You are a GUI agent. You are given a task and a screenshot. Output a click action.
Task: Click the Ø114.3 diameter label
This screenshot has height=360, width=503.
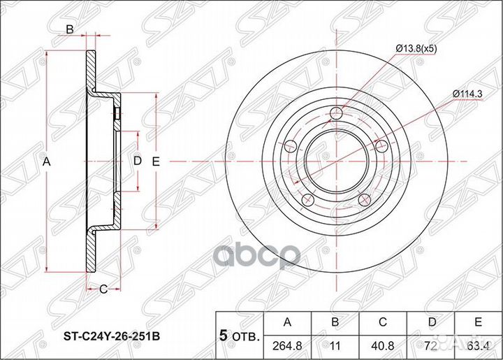(x=468, y=93)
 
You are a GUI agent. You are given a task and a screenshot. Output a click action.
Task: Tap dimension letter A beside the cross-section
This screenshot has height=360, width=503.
(x=48, y=162)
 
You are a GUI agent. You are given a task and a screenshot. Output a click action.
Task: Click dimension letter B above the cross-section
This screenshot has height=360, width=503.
(x=70, y=29)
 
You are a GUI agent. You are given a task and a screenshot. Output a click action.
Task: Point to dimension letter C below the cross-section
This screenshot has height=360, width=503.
(x=102, y=289)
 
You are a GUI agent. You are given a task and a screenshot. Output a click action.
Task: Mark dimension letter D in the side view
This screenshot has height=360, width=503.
(x=138, y=161)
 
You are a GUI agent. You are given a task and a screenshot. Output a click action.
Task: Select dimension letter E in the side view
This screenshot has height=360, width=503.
(x=156, y=161)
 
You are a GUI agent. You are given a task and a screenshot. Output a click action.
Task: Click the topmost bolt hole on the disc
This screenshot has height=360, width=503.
(x=337, y=113)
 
